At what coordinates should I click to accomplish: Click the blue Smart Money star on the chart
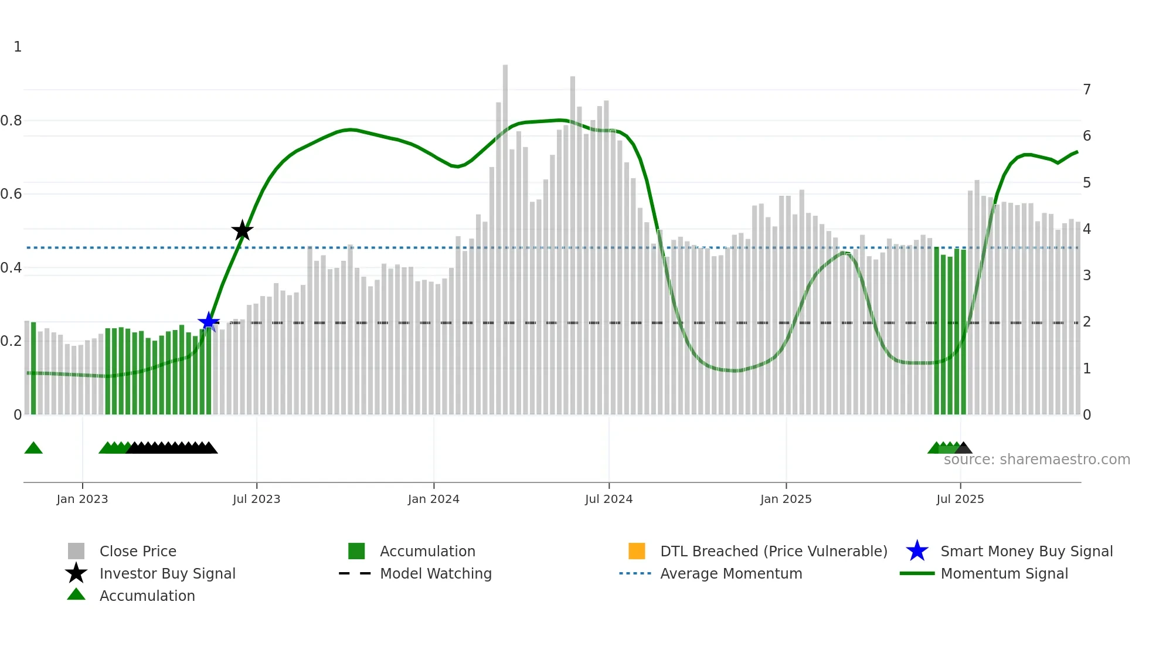tap(209, 322)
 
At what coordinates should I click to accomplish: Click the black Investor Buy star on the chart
tap(242, 230)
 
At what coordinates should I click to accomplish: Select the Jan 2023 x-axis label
tap(82, 499)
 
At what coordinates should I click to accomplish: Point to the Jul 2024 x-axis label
tap(609, 499)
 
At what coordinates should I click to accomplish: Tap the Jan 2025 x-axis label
tap(786, 499)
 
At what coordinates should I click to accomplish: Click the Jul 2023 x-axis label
tap(256, 499)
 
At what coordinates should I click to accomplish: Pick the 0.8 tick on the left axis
tap(12, 121)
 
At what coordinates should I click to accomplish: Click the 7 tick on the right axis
tap(1087, 90)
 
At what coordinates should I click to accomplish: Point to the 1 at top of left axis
tap(18, 47)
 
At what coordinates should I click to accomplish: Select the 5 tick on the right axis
tap(1087, 183)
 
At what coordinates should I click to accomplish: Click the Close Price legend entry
tap(138, 551)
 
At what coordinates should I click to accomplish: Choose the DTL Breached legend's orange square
tap(637, 551)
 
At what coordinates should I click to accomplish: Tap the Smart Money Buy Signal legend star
tap(917, 551)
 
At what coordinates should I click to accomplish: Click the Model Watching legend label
tap(436, 573)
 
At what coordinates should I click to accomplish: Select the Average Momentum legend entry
tap(731, 573)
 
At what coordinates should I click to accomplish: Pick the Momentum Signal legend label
tap(1004, 573)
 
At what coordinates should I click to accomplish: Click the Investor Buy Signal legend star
tap(76, 573)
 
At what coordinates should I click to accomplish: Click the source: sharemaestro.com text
tap(1036, 460)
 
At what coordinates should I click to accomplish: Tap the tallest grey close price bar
tap(505, 234)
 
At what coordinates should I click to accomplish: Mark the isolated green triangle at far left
tap(33, 448)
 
